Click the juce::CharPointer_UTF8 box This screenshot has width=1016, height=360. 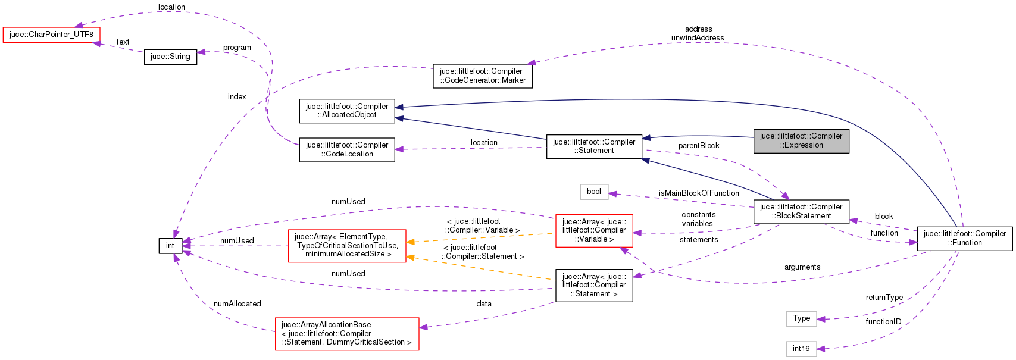51,35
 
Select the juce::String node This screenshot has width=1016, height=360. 170,57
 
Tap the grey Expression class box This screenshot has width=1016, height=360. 801,140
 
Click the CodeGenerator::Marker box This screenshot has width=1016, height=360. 482,76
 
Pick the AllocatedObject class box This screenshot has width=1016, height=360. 346,111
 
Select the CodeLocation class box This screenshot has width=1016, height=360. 346,149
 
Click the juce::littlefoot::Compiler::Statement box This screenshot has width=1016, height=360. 593,146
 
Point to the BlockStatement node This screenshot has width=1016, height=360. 801,211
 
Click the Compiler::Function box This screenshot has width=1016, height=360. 964,238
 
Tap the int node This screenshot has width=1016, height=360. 170,246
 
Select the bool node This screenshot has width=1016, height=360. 593,192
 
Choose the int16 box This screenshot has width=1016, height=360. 801,349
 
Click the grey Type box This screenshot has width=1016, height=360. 801,318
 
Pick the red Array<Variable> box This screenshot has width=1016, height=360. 593,230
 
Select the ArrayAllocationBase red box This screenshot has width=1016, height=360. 346,334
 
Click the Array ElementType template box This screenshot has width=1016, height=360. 346,245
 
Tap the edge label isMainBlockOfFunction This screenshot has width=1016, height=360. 698,193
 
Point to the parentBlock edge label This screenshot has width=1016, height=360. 698,146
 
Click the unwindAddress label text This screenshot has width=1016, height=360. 698,38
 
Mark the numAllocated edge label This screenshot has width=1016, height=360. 237,304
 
